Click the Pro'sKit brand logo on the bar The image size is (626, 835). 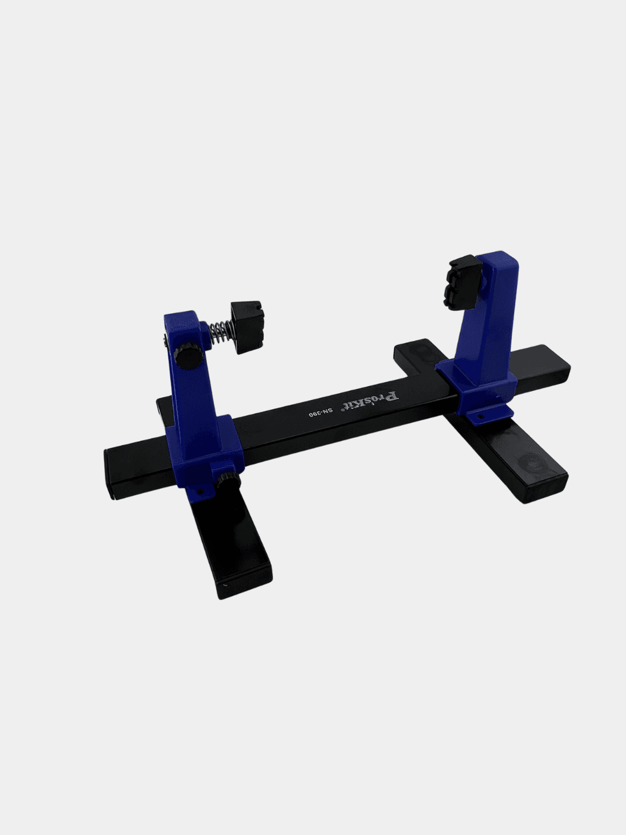(x=371, y=401)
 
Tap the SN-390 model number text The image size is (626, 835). (x=321, y=412)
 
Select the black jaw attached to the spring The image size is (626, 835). (x=247, y=327)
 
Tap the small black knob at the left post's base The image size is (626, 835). (x=229, y=480)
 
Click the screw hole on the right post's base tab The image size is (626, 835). (x=480, y=416)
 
